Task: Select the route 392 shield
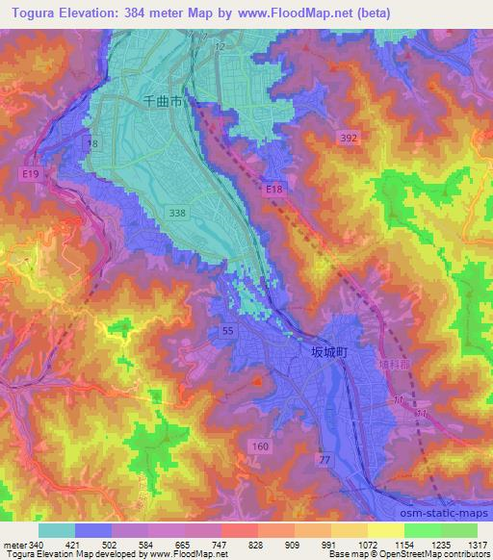click(350, 140)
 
